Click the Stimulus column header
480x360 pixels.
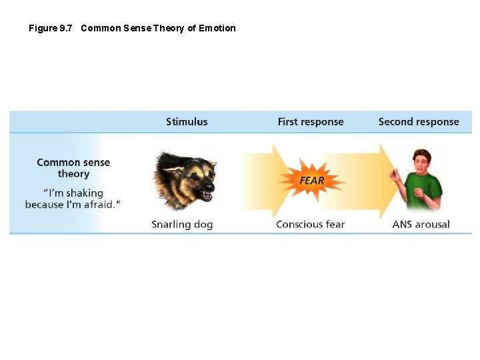point(187,122)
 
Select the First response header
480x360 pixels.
point(311,122)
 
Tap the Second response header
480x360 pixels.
point(419,122)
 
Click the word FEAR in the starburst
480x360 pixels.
point(312,181)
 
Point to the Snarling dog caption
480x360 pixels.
point(182,225)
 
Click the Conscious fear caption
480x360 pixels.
point(310,225)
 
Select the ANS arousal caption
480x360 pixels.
point(421,225)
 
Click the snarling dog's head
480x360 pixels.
point(185,179)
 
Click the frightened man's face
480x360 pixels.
point(422,162)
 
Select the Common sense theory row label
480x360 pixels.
point(73,168)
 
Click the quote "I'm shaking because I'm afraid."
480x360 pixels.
point(73,199)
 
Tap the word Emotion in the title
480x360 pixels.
point(217,28)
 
